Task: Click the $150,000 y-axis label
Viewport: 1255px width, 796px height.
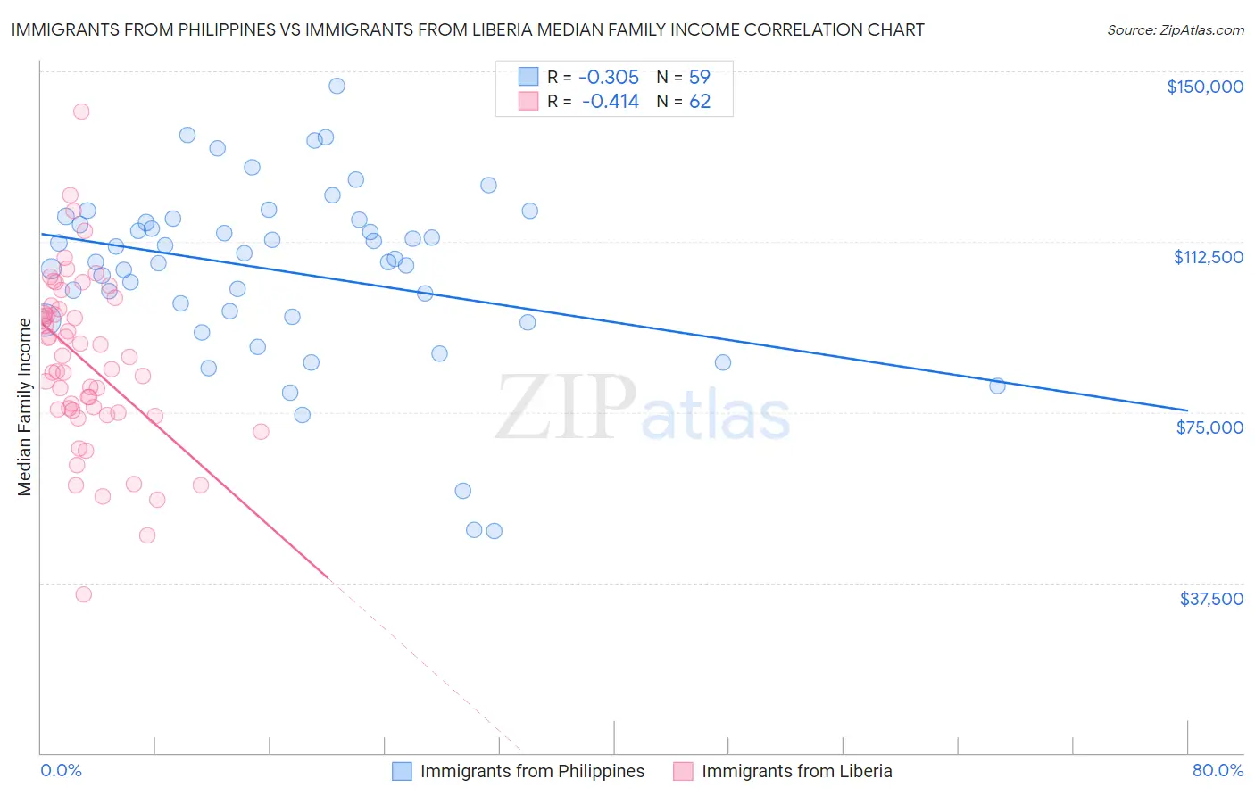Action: coord(1204,87)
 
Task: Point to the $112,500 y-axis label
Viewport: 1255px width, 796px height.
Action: coord(1208,257)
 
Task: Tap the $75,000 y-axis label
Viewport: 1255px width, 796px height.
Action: coord(1209,427)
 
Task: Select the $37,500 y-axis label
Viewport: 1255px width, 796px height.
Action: coord(1211,599)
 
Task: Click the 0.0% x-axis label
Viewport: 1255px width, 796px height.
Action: coord(61,770)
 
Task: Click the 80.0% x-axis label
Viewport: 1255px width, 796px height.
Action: coord(1218,770)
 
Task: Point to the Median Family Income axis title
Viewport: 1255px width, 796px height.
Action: coord(24,406)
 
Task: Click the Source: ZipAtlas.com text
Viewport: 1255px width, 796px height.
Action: coord(1175,30)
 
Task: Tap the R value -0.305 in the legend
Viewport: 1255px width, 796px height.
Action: coord(610,78)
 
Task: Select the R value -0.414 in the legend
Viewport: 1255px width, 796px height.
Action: coord(610,102)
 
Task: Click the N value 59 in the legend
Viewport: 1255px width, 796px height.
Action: coord(699,78)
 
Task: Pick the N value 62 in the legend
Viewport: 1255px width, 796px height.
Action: coord(699,102)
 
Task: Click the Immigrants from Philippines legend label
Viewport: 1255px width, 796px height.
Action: coord(532,771)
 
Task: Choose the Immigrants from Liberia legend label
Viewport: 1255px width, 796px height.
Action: coord(796,771)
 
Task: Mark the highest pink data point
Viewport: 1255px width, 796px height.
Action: coord(81,112)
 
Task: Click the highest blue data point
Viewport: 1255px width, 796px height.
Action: coord(337,86)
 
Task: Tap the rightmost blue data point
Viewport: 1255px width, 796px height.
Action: coord(997,386)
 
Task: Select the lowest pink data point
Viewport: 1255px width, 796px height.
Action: coord(83,594)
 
